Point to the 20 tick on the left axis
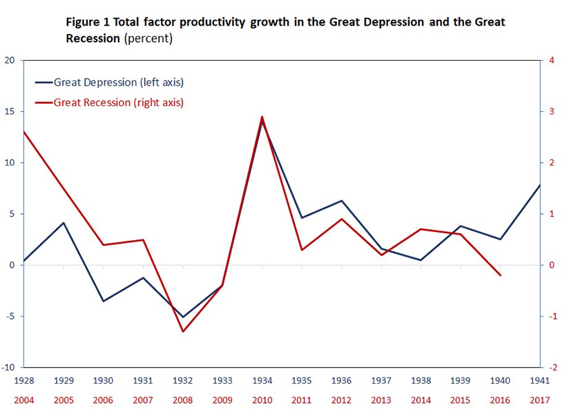[10, 60]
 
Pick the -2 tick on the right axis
[550, 367]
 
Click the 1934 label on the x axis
[262, 379]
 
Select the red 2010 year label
[262, 399]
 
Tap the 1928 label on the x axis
[24, 379]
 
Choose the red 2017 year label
[539, 399]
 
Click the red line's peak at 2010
[262, 117]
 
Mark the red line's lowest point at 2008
[183, 332]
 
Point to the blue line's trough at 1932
[183, 317]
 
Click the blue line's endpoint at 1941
[539, 185]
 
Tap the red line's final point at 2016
[500, 275]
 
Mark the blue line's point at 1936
[341, 201]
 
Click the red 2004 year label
[24, 399]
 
